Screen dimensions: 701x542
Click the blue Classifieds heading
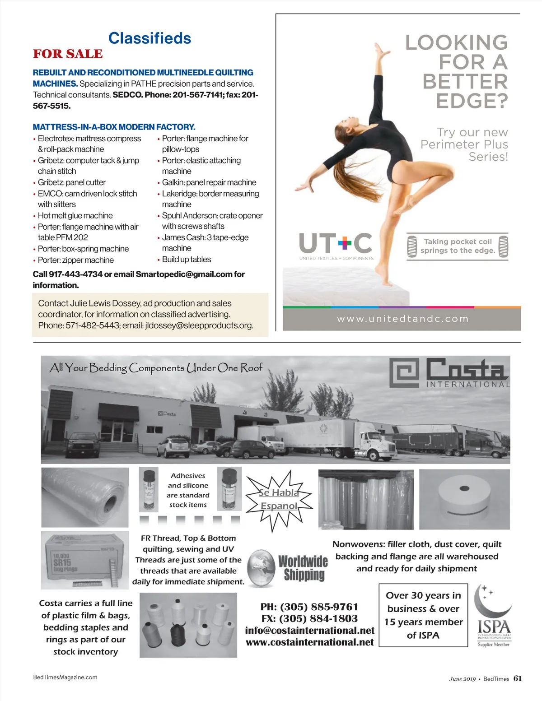click(150, 38)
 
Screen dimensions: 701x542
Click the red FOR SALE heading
click(68, 54)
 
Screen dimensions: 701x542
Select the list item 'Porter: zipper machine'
click(75, 260)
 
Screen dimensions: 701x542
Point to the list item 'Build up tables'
click(186, 260)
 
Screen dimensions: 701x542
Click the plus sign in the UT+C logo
click(344, 244)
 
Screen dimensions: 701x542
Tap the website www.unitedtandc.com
click(402, 319)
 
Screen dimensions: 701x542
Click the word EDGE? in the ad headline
click(472, 101)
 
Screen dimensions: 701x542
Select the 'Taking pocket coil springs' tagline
click(458, 246)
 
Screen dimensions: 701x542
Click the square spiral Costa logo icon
click(405, 373)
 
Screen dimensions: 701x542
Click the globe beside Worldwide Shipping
click(262, 568)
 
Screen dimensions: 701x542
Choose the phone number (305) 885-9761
click(309, 607)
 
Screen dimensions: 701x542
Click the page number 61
click(518, 678)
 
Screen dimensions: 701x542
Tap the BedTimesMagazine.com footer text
click(65, 677)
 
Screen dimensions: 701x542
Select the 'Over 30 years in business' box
click(423, 615)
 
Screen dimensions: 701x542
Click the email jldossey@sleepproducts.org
click(199, 325)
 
